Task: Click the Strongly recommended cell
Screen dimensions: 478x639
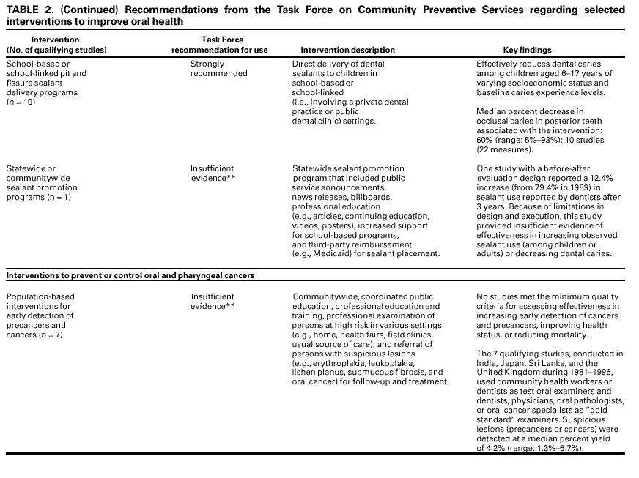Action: point(218,69)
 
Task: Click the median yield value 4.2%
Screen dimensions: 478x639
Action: point(501,449)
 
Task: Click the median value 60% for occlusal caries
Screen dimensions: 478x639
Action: point(485,140)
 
